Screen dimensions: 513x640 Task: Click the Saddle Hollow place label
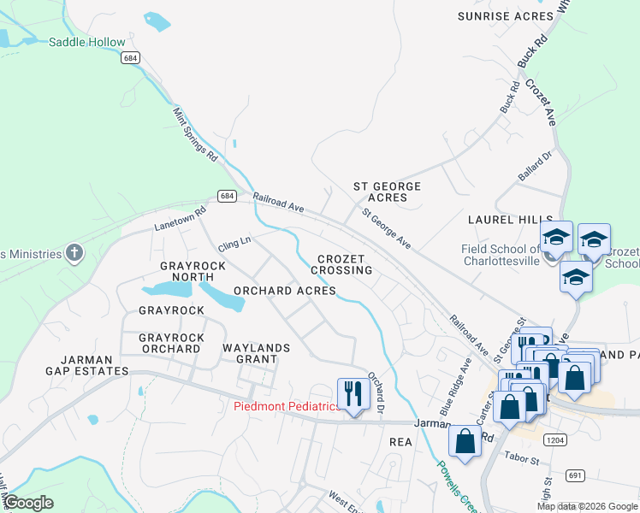(86, 42)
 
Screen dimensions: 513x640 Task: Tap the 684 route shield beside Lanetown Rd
(226, 196)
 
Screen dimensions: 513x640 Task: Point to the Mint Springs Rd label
(196, 135)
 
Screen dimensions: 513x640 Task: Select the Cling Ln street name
(234, 243)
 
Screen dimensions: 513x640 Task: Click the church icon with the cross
(74, 253)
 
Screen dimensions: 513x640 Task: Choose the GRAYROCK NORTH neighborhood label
(193, 271)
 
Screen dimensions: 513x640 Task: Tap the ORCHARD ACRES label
(284, 291)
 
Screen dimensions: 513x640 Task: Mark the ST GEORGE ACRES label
(388, 192)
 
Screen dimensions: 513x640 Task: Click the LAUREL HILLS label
(510, 220)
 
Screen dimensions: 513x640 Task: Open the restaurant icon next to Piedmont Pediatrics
(351, 393)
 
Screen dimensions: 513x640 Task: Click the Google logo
(28, 503)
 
